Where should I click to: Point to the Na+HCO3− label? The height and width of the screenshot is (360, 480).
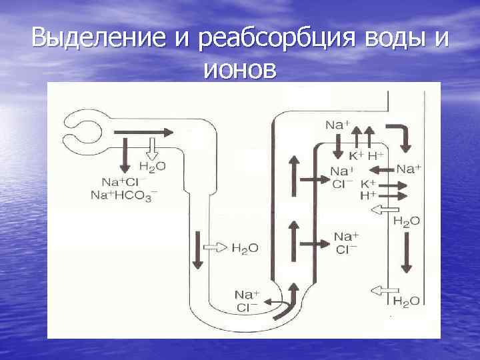click(129, 195)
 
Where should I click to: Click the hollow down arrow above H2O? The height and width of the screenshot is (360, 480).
click(151, 147)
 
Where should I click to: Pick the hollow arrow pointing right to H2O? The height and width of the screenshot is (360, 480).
click(215, 247)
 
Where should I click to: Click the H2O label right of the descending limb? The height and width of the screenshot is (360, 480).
click(245, 248)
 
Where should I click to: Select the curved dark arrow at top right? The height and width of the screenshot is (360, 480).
click(403, 136)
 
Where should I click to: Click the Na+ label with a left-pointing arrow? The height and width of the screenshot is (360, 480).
click(409, 169)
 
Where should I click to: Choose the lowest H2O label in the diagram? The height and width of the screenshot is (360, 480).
click(406, 301)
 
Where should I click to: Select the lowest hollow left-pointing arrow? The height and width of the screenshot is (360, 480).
click(385, 290)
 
